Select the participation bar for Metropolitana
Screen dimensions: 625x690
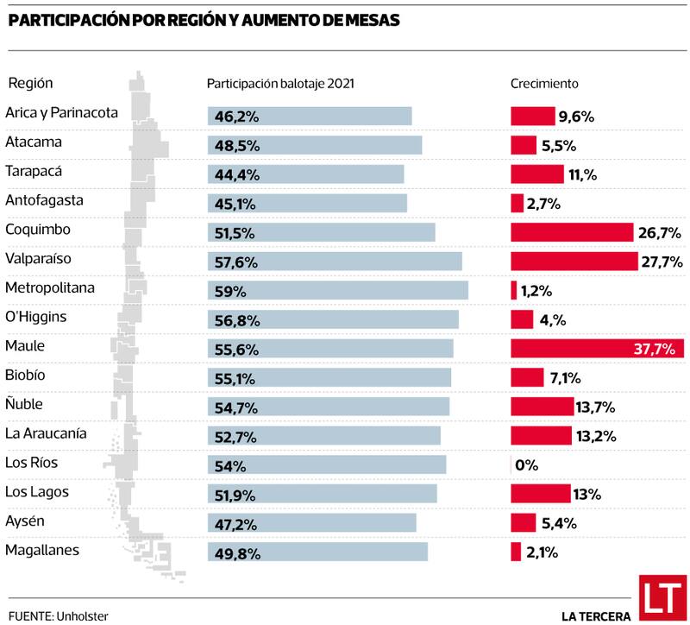pos(337,290)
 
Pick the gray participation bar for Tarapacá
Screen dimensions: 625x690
pos(305,174)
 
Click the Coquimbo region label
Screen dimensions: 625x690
pos(37,230)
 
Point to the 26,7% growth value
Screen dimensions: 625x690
pos(662,232)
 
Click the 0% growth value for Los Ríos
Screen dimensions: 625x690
pos(526,465)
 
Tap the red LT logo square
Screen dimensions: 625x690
pos(661,597)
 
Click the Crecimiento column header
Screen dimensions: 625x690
pos(544,84)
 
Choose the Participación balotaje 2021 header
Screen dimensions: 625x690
pos(280,84)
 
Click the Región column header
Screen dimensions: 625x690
pos(31,83)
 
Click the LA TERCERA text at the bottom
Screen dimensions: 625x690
pos(596,616)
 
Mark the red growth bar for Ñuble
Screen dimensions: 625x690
pos(542,407)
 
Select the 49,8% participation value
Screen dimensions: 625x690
pos(236,552)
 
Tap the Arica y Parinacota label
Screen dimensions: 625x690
pos(61,112)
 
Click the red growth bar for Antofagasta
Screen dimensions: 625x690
pos(517,203)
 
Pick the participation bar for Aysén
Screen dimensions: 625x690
pos(311,523)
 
